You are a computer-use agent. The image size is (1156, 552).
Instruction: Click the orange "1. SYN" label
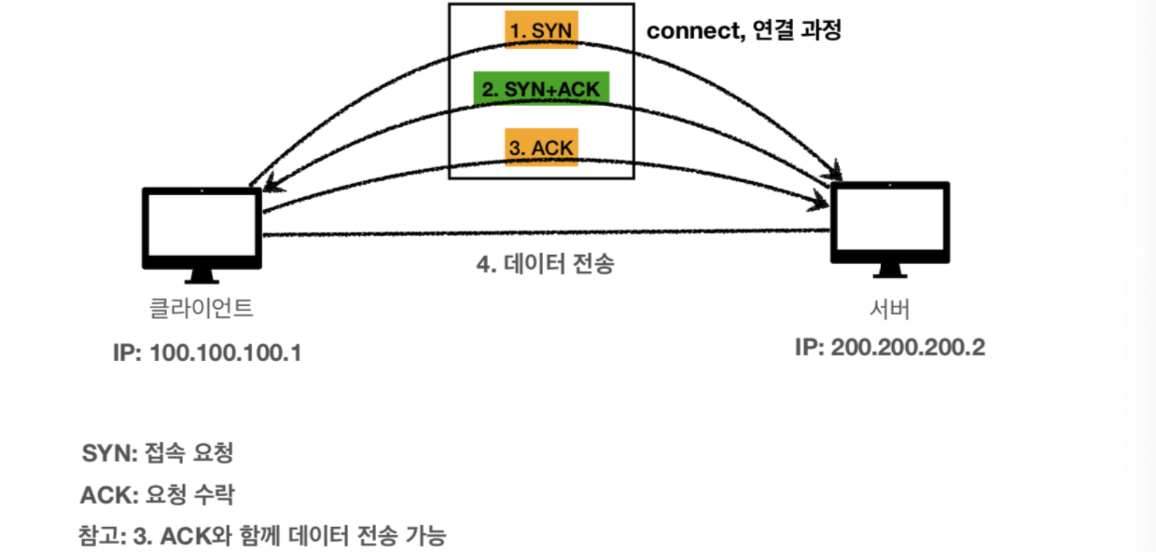pos(541,30)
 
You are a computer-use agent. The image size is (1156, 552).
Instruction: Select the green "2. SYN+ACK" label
pos(541,89)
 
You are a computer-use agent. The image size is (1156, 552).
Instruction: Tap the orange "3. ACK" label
pos(541,147)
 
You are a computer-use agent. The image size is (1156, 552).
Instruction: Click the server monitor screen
pos(890,220)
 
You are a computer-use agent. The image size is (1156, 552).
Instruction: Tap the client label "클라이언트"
pos(201,307)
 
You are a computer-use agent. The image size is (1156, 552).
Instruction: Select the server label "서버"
pos(889,309)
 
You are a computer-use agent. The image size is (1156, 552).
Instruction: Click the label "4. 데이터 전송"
pos(545,264)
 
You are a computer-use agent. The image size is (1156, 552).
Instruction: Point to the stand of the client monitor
pos(202,276)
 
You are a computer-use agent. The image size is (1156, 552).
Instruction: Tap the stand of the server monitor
pos(890,270)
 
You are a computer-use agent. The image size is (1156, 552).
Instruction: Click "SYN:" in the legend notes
pos(109,453)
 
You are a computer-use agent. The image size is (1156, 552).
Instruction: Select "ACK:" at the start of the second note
pos(109,495)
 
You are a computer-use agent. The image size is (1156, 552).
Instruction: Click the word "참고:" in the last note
pos(102,535)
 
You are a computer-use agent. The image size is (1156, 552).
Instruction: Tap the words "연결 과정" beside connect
pos(797,30)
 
